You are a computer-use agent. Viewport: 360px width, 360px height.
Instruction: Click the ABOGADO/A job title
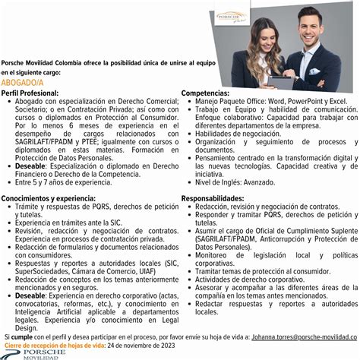[x=24, y=82]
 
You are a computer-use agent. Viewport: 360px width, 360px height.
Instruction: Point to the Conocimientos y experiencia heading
[x=50, y=198]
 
